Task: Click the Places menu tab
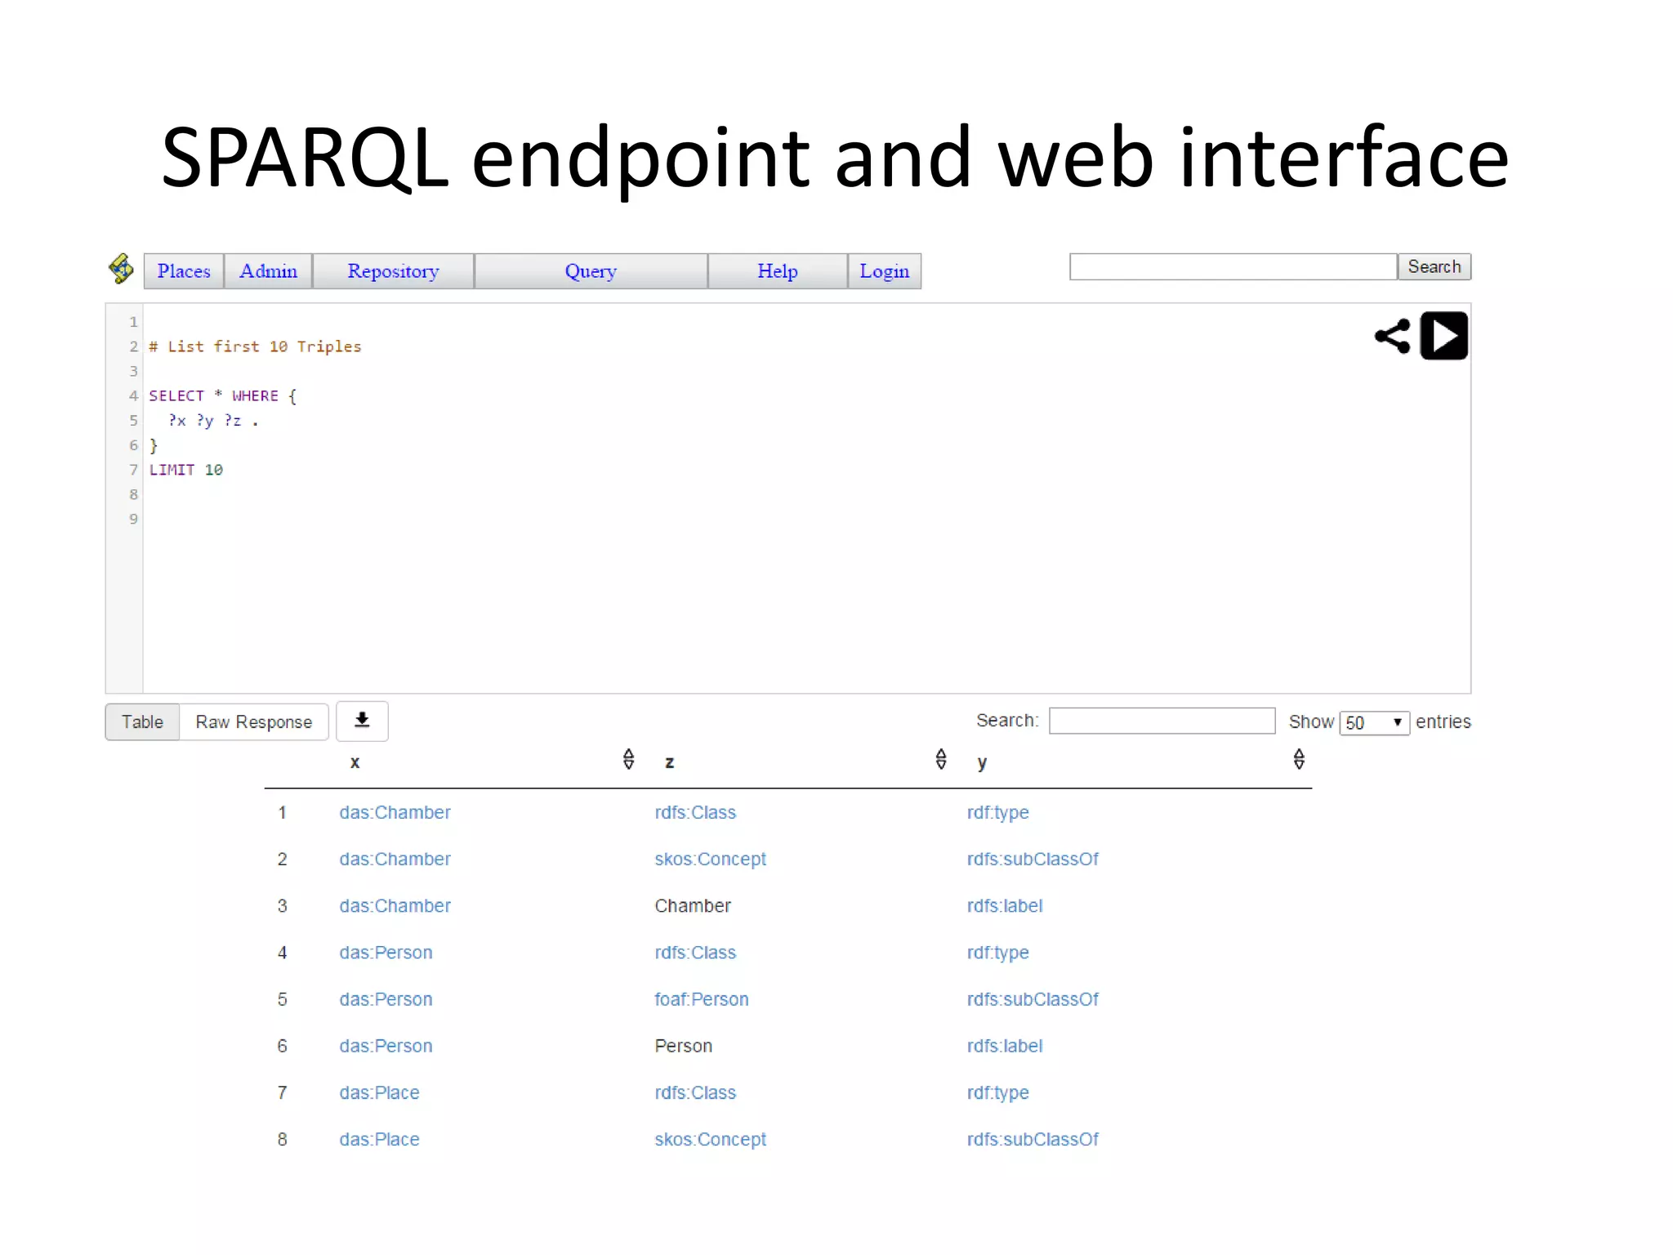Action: click(184, 271)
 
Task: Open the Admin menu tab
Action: click(268, 271)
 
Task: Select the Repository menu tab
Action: click(393, 271)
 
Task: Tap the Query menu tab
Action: click(591, 271)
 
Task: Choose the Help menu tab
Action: click(777, 271)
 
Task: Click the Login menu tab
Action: click(884, 271)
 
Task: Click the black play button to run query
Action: click(1443, 336)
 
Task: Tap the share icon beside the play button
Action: click(1393, 336)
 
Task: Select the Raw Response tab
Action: click(253, 722)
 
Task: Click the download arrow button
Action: click(362, 721)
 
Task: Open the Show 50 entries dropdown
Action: click(1374, 723)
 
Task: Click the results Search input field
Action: click(1162, 721)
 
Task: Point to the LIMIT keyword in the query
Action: click(172, 470)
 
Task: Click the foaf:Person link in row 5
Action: click(701, 999)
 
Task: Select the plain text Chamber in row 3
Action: click(693, 906)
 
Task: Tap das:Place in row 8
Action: click(379, 1140)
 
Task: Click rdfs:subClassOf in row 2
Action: click(1033, 860)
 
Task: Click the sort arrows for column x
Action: click(628, 760)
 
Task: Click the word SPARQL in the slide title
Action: click(305, 158)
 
